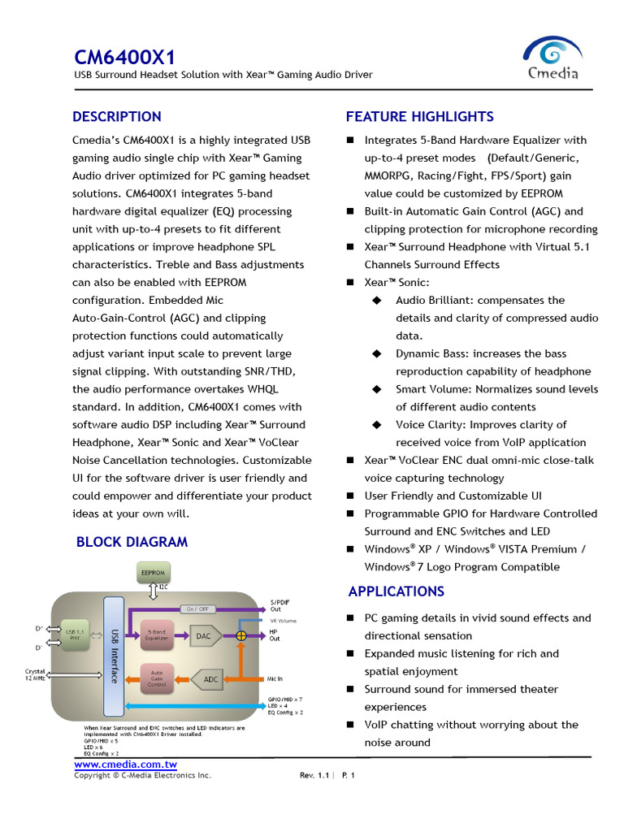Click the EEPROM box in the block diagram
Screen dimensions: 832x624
(x=153, y=572)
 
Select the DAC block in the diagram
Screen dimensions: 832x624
(x=203, y=636)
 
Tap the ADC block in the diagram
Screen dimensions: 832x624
(x=210, y=678)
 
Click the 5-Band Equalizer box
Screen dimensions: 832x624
(x=156, y=635)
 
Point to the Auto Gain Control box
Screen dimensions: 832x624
(x=156, y=678)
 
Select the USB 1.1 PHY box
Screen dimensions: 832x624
(x=74, y=635)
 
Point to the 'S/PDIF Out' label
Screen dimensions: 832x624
(x=279, y=605)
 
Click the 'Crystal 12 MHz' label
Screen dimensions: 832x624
(x=36, y=674)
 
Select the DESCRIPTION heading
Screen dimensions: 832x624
(x=117, y=116)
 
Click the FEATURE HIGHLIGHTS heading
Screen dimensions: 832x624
(x=419, y=116)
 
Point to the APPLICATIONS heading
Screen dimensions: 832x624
(x=396, y=591)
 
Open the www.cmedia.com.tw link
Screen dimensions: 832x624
(x=125, y=765)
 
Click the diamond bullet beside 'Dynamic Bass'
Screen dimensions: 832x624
(x=376, y=353)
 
